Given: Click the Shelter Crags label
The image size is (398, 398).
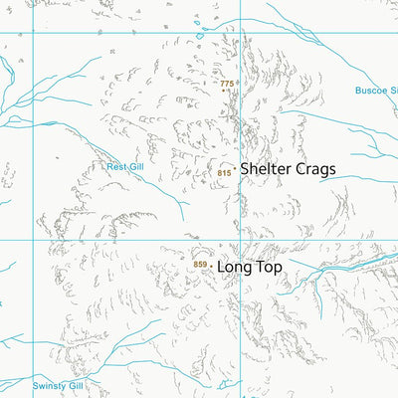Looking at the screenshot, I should tap(288, 169).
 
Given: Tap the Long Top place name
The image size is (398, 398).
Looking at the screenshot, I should tap(250, 267).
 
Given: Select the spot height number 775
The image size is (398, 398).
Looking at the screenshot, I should tap(227, 84).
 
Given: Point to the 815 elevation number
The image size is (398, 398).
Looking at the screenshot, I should tap(223, 173).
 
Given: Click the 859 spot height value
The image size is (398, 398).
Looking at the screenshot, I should tap(200, 264).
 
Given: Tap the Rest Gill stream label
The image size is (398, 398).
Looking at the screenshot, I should tap(125, 167).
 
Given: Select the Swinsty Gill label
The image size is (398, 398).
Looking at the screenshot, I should tap(59, 385).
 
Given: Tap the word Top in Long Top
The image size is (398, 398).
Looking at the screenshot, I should tap(269, 267).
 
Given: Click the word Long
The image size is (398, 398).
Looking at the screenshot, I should tap(234, 267).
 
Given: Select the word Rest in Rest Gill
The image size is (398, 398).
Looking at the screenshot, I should tap(116, 167).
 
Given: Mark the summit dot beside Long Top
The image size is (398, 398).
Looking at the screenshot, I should tap(212, 266).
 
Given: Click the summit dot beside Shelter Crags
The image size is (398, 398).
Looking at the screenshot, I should tap(235, 170).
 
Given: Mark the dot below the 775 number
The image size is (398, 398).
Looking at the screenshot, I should tap(227, 91).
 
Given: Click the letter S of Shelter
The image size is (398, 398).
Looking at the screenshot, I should tap(245, 169).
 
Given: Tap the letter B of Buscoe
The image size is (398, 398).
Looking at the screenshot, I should tap(359, 91).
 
